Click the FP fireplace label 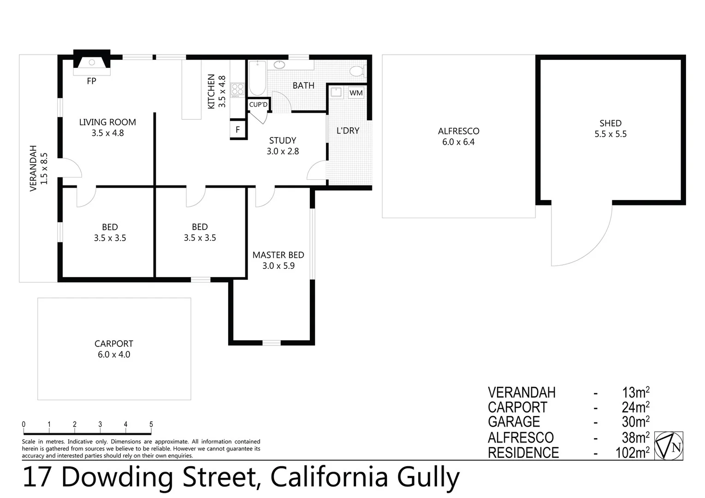(91, 81)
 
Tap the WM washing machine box (356, 93)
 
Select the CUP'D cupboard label (258, 105)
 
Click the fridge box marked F (238, 130)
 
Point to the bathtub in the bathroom (257, 78)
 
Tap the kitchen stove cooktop (237, 90)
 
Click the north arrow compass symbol (669, 446)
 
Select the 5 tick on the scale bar (151, 425)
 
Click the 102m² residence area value (632, 453)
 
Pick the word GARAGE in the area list (514, 422)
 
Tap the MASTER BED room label (278, 255)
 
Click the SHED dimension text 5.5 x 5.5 (610, 134)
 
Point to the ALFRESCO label (458, 131)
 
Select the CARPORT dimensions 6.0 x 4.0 (114, 355)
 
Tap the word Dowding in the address (120, 477)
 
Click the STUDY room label (283, 141)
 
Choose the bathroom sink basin (279, 65)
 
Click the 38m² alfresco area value (635, 437)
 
